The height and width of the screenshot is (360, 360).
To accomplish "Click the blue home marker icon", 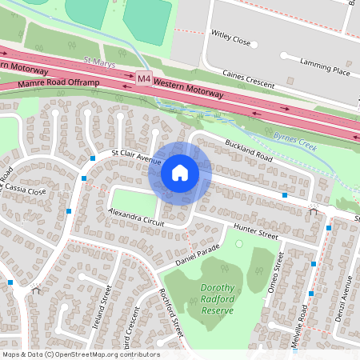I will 180,173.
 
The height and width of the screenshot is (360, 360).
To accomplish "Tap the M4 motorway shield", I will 143,78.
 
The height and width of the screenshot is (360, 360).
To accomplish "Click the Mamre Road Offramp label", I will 54,82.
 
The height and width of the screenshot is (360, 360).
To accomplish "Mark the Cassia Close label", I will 26,190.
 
